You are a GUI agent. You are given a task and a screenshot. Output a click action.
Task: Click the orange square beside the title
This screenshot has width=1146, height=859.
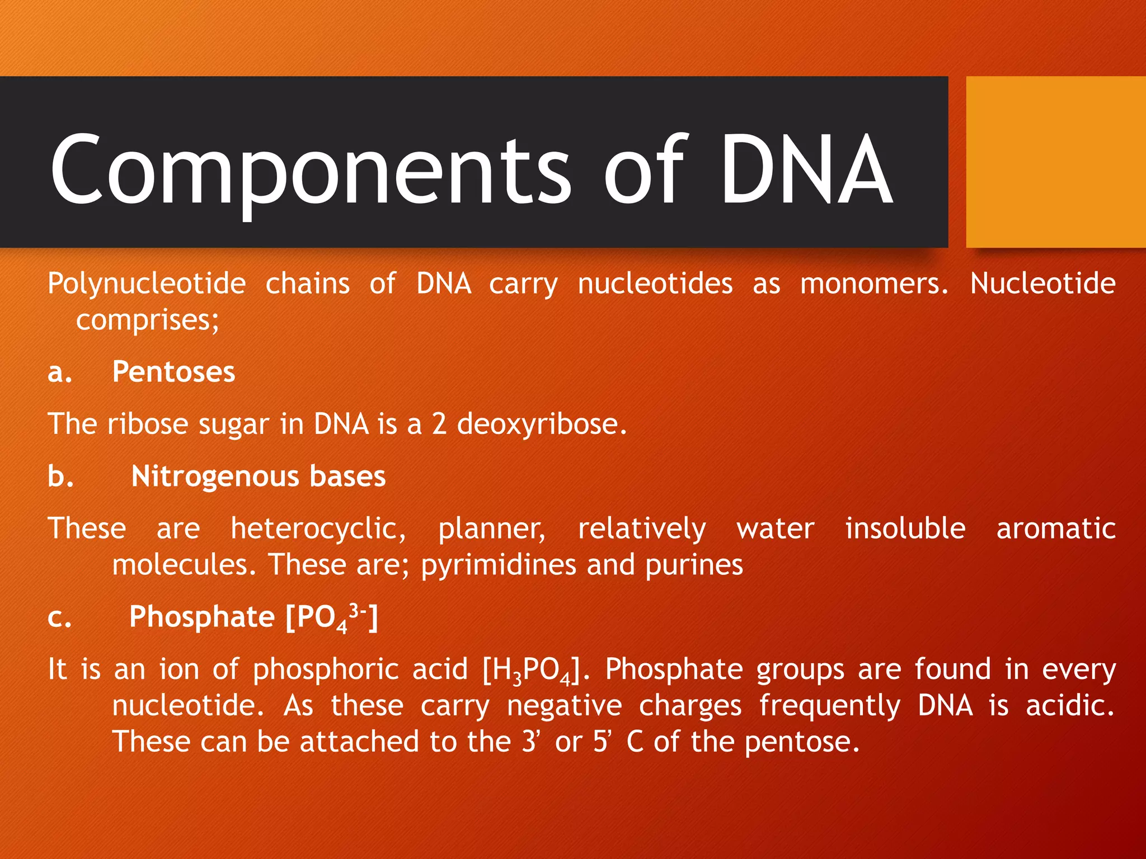click(1056, 162)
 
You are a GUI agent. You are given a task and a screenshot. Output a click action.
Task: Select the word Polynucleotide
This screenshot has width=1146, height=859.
click(147, 284)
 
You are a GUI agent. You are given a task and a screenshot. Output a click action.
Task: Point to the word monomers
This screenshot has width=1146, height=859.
click(873, 284)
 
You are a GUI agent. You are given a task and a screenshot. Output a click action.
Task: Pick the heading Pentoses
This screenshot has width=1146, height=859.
click(173, 372)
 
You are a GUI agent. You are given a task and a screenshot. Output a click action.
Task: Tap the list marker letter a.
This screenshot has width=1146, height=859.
click(59, 373)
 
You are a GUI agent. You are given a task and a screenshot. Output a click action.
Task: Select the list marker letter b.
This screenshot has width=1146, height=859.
click(60, 476)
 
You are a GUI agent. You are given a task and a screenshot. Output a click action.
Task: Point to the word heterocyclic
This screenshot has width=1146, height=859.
click(318, 529)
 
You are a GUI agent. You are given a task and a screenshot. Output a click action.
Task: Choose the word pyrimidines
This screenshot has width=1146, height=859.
click(498, 565)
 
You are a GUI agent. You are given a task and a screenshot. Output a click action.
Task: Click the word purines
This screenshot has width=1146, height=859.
click(694, 565)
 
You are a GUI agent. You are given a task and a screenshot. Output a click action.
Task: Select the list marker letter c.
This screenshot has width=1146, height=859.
click(59, 618)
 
